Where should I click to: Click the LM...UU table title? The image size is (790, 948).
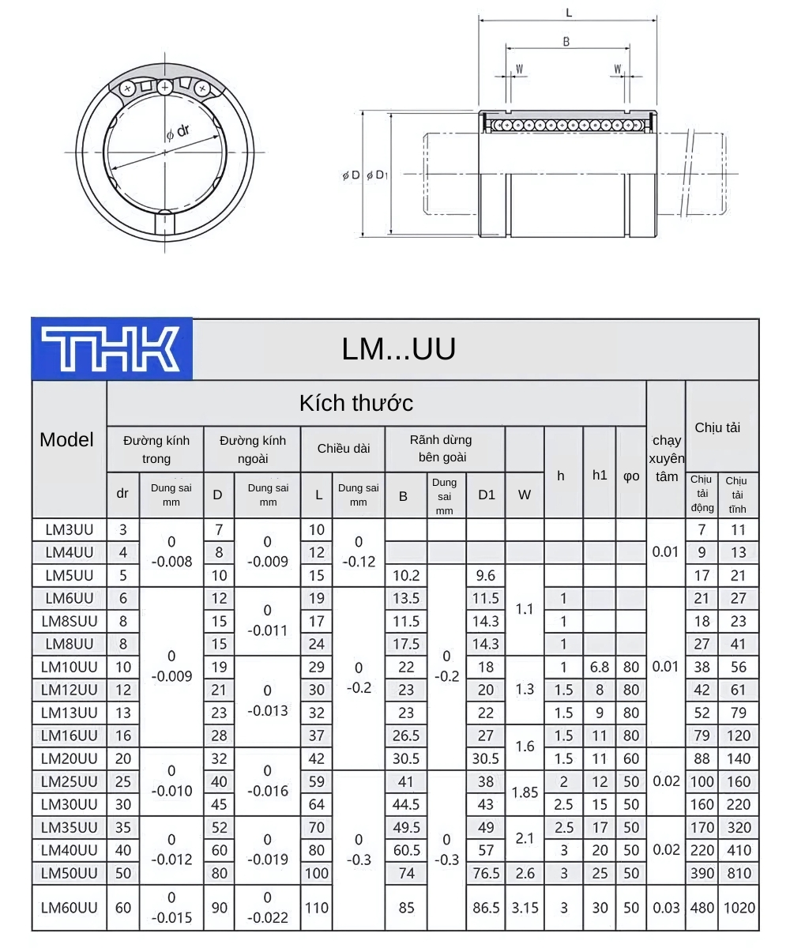(x=399, y=349)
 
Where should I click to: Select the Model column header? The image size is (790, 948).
(x=67, y=440)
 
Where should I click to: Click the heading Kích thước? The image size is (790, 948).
(x=355, y=403)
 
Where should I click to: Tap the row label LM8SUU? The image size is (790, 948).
(x=68, y=621)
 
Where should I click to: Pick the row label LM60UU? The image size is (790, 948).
(x=69, y=907)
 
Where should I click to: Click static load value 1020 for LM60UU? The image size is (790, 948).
(x=738, y=907)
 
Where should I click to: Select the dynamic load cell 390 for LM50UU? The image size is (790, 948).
(x=701, y=873)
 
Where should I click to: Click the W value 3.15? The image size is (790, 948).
(x=525, y=907)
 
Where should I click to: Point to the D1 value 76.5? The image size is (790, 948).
(x=486, y=873)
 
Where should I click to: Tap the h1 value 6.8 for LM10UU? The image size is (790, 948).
(x=600, y=667)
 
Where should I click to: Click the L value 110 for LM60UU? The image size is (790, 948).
(x=317, y=907)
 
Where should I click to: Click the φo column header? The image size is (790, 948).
(x=631, y=476)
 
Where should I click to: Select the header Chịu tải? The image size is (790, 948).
(x=717, y=427)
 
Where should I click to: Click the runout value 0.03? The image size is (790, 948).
(x=666, y=907)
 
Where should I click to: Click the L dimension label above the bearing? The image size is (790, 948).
(x=569, y=13)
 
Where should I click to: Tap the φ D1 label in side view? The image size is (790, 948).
(x=377, y=175)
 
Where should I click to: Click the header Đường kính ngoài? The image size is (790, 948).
(x=252, y=449)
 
